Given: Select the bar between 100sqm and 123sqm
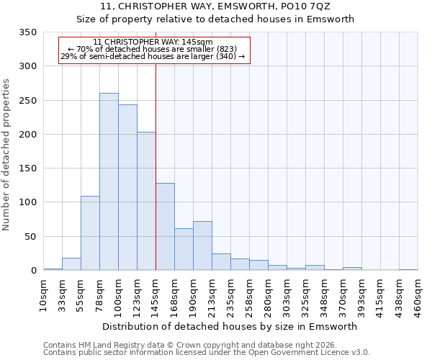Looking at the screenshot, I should [x=127, y=187].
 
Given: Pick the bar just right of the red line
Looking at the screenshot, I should [x=165, y=227].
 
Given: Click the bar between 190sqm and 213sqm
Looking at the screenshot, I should [x=202, y=246].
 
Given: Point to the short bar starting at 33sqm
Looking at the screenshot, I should [x=71, y=264].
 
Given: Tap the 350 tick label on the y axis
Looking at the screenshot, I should [x=27, y=32].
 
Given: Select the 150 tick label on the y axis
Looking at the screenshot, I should [x=27, y=168].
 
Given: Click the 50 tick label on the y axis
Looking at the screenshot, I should [x=30, y=237].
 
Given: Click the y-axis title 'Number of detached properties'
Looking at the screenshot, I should [x=6, y=151].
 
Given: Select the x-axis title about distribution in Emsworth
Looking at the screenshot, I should [x=230, y=326].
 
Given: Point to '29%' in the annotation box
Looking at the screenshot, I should [x=69, y=56].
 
